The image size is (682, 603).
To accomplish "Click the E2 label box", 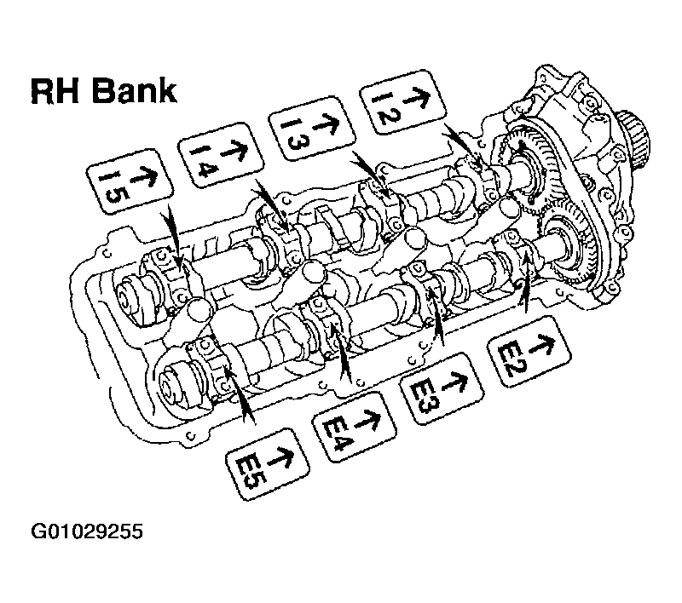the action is coord(529,351).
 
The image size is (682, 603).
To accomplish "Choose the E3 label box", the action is coord(442,388).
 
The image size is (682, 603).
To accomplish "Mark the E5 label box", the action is coord(268,464).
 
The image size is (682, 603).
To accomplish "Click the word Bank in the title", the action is coord(135,91).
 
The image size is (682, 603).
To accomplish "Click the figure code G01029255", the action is coord(87,531).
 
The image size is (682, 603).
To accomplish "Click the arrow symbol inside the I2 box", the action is coord(415,95).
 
